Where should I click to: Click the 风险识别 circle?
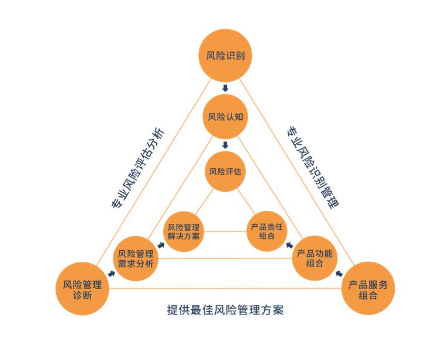(225, 56)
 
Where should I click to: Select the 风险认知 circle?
(225, 117)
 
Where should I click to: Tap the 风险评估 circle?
(225, 171)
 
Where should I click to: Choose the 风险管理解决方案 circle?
(184, 231)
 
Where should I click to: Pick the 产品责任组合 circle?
(267, 231)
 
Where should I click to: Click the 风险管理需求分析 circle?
(136, 258)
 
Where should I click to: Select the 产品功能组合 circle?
(315, 258)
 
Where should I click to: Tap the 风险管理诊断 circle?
(82, 289)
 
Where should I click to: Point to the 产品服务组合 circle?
(368, 289)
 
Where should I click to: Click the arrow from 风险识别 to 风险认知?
(225, 88)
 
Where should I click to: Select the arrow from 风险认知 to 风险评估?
(225, 146)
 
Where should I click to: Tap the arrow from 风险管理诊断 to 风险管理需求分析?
(112, 274)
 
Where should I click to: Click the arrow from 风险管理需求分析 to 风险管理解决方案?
(161, 245)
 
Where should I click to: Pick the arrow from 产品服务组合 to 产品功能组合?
(339, 274)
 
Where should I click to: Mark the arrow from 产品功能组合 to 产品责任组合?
(289, 245)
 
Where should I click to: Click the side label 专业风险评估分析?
(138, 169)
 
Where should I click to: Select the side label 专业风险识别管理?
(313, 168)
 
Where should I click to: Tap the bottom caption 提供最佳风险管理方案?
(225, 310)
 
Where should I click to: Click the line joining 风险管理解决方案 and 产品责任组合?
(225, 231)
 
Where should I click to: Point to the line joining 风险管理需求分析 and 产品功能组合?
(225, 258)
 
